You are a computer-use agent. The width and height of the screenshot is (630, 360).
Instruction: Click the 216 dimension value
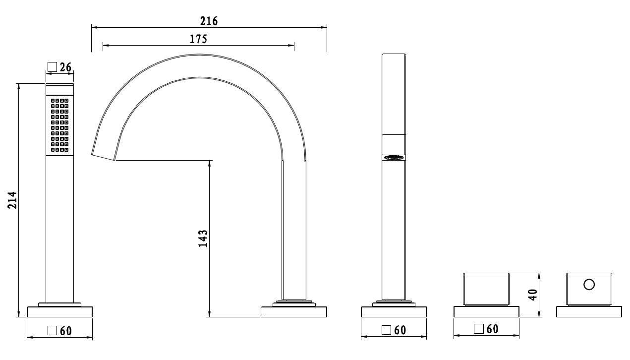[x=209, y=21]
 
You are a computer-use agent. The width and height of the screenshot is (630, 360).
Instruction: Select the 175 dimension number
[x=198, y=39]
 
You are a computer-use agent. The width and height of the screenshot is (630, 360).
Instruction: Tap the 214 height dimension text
[x=12, y=200]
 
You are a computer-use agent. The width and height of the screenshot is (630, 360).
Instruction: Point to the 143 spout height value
[x=203, y=239]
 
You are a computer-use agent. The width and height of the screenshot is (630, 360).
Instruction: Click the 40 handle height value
[x=533, y=295]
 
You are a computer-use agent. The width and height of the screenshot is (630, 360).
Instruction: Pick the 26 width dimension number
[x=65, y=67]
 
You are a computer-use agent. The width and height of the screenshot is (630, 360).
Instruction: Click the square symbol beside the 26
[x=52, y=67]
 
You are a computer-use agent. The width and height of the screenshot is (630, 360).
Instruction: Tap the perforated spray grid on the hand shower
[x=59, y=125]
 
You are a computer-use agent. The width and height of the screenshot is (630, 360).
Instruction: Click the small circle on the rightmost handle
[x=589, y=284]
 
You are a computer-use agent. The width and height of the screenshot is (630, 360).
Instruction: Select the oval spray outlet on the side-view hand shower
[x=394, y=157]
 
